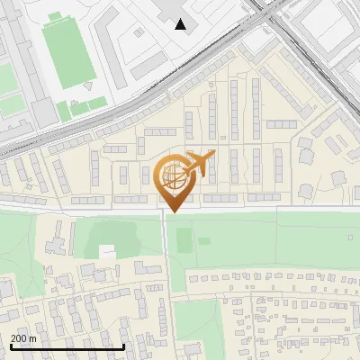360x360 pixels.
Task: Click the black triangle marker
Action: tap(182, 24)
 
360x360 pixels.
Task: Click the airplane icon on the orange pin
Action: tap(201, 163)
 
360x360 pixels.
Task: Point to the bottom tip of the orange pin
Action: tap(172, 211)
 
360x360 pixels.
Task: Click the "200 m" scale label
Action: tap(23, 338)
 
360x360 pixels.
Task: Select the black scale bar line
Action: tap(67, 346)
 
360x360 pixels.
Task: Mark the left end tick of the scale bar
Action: tap(11, 346)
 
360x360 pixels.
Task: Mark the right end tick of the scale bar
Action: tap(123, 346)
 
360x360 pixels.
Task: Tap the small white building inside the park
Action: tap(107, 251)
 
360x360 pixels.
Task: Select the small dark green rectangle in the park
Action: tap(184, 240)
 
